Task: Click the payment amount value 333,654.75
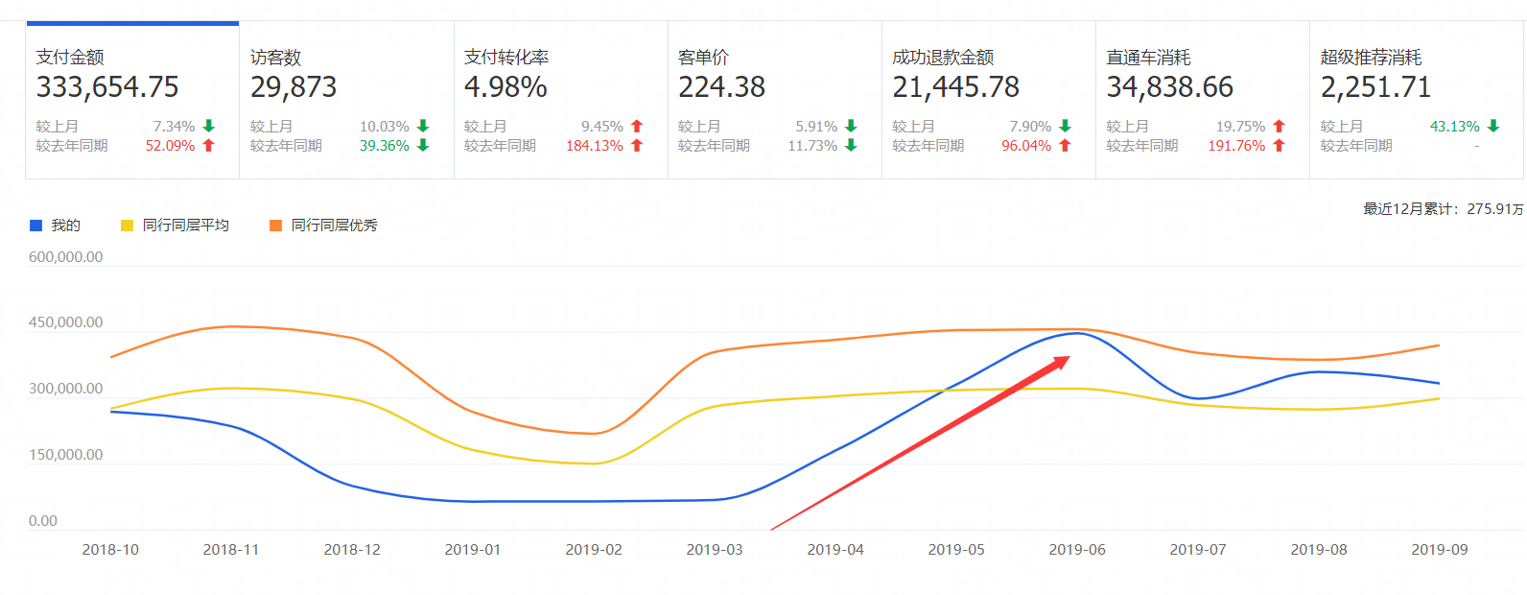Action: [107, 87]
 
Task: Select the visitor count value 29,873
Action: [294, 87]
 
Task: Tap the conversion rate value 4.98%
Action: [505, 87]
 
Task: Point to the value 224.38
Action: [721, 87]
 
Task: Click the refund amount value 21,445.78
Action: [955, 87]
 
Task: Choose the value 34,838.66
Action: [1169, 87]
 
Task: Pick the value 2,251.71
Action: [1375, 87]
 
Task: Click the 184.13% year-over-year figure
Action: [595, 146]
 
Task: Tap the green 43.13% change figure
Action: [1454, 127]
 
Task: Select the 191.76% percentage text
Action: [1236, 146]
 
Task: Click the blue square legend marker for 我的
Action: [36, 226]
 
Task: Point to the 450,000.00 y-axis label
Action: [65, 322]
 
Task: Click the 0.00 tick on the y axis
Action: [43, 521]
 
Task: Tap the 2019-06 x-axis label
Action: [1076, 550]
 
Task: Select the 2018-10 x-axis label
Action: [110, 550]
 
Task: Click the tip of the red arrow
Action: [1069, 357]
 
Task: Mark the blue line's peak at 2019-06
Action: [1077, 334]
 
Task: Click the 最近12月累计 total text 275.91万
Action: [1443, 209]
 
